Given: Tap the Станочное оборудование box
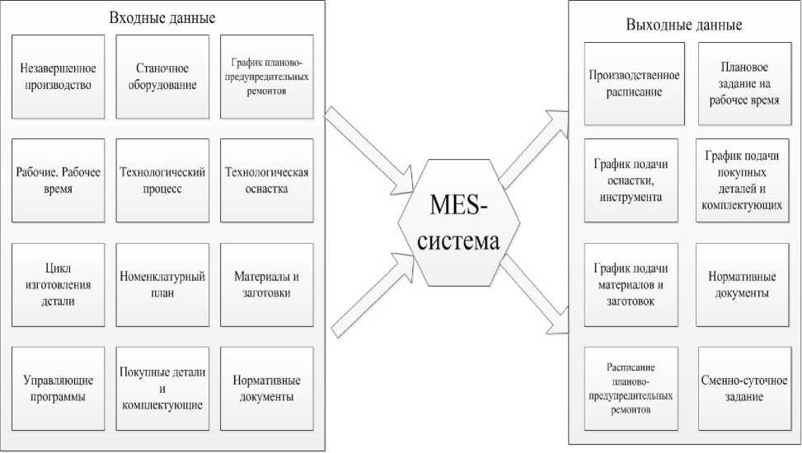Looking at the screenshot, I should tap(157, 76).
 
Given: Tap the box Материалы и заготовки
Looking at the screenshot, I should tap(266, 284).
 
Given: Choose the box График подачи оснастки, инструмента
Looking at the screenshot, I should tap(631, 181).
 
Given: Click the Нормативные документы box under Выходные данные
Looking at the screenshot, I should tap(743, 284).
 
